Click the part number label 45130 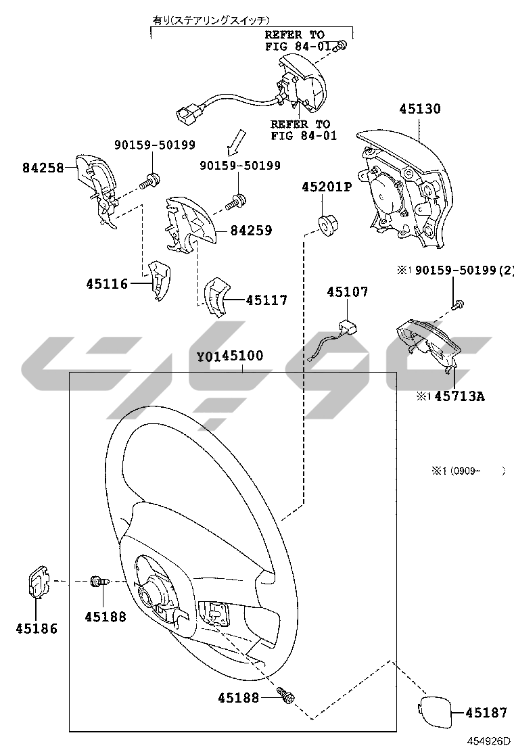pos(419,109)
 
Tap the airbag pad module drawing pos(405,187)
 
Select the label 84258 pos(43,168)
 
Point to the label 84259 pos(251,231)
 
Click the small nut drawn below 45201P pos(328,226)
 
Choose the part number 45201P pos(327,187)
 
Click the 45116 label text pos(107,284)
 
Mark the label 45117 pos(266,300)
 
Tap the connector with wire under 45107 pos(335,339)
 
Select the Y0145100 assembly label pos(230,356)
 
